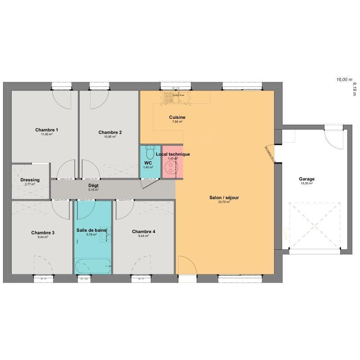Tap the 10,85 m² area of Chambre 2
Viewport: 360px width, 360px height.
110,136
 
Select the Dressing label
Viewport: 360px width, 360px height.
30,180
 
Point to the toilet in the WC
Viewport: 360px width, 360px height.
151,149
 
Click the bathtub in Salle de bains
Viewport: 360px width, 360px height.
93,266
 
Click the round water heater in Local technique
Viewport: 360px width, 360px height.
171,167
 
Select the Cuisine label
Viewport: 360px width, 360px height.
177,117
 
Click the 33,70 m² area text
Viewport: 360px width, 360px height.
224,202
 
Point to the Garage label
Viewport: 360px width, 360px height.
306,179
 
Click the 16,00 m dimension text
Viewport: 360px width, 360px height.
344,79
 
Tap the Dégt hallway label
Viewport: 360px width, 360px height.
93,185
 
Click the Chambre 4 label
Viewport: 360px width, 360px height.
144,232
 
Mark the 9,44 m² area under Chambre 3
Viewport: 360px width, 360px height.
43,237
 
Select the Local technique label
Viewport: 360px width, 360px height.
173,154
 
